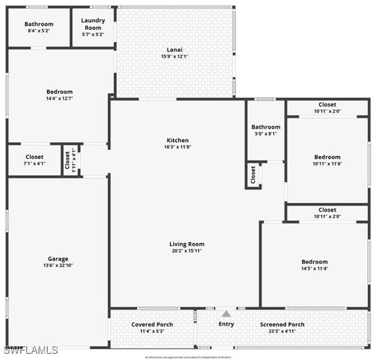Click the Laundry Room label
(94, 24)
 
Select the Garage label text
(58, 259)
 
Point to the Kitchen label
(178, 140)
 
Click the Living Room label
(187, 244)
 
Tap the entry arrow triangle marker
(226, 313)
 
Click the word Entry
(226, 324)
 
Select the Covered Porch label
(152, 324)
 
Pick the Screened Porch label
(282, 324)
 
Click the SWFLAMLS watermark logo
(31, 350)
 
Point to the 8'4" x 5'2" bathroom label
(39, 31)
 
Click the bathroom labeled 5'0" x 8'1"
(265, 134)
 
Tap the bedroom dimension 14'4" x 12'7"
(60, 98)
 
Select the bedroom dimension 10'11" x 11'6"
(327, 163)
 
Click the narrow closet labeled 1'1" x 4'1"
(71, 160)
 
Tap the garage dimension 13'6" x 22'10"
(58, 265)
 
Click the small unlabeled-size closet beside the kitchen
(253, 175)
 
